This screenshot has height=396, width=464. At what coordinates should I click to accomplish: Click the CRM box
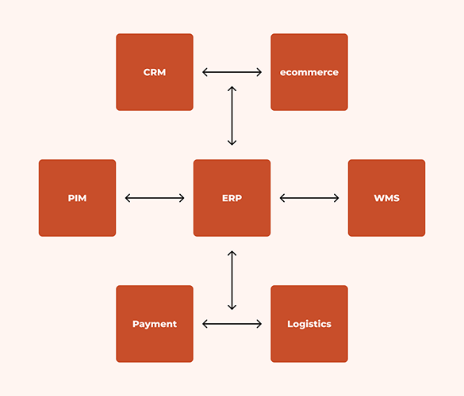pyautogui.click(x=155, y=72)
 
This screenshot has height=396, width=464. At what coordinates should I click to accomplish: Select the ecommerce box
pyautogui.click(x=309, y=72)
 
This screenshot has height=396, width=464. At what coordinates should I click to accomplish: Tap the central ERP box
pyautogui.click(x=232, y=198)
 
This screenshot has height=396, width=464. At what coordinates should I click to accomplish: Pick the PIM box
pyautogui.click(x=77, y=198)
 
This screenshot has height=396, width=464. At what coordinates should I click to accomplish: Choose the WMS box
pyautogui.click(x=386, y=198)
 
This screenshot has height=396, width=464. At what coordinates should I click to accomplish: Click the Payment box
pyautogui.click(x=155, y=324)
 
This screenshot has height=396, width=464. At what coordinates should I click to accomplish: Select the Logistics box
pyautogui.click(x=309, y=324)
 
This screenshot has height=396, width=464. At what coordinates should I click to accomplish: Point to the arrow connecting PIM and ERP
pyautogui.click(x=155, y=198)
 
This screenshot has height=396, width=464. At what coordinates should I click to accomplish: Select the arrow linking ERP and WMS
pyautogui.click(x=309, y=198)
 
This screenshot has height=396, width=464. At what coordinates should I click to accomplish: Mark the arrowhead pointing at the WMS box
pyautogui.click(x=336, y=198)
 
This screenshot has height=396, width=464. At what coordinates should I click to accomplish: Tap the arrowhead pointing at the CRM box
pyautogui.click(x=205, y=72)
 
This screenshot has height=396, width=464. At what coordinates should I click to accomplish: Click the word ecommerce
pyautogui.click(x=309, y=72)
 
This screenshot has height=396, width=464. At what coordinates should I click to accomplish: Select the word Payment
pyautogui.click(x=155, y=324)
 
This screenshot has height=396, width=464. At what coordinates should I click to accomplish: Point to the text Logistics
pyautogui.click(x=309, y=324)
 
